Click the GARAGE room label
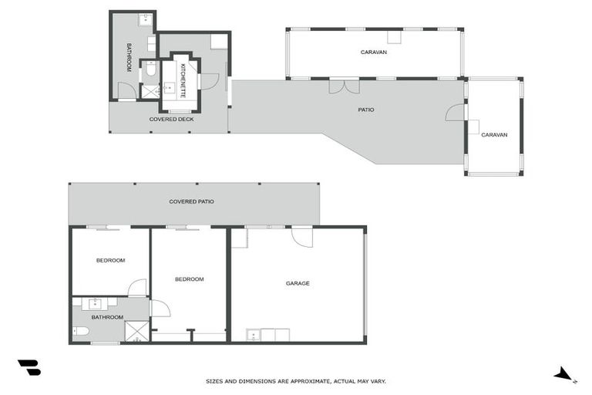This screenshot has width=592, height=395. point(298,283)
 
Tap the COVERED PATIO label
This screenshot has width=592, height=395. point(191,201)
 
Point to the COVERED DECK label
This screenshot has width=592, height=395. point(171,120)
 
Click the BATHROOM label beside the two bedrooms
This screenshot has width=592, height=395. point(107,317)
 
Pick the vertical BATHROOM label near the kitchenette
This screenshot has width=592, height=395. point(129,57)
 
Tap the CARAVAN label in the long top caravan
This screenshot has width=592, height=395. point(373,52)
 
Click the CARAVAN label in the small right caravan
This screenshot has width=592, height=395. point(494,135)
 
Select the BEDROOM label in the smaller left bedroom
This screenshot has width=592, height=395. point(110,260)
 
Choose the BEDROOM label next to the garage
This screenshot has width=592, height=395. point(189,279)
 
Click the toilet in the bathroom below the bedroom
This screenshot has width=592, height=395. point(81,332)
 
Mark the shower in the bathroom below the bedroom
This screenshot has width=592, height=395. point(136,331)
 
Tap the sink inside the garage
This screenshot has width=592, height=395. point(252,335)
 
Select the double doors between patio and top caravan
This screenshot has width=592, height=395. point(344,86)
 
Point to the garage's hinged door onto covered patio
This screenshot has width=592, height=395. point(301,236)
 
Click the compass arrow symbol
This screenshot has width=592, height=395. point(565,374)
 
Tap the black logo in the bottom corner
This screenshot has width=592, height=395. point(29,367)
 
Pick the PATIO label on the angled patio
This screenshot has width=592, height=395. point(366,110)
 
